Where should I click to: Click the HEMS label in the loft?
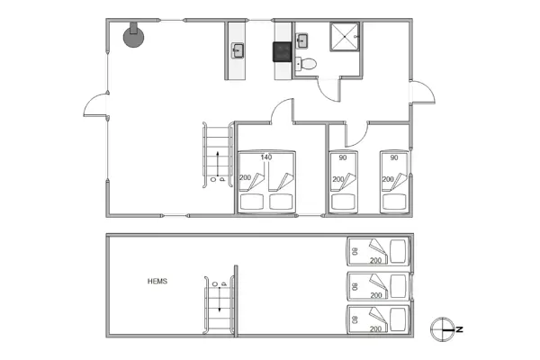157,282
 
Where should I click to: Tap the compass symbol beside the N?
441,328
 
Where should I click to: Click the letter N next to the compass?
458,329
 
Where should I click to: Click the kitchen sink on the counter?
238,50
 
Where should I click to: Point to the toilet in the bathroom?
308,64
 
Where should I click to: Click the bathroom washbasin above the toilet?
302,39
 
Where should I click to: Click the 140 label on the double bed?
266,157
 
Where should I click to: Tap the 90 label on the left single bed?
343,157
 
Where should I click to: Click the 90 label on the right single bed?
393,157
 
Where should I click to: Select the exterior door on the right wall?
421,94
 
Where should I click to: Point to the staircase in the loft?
219,310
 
